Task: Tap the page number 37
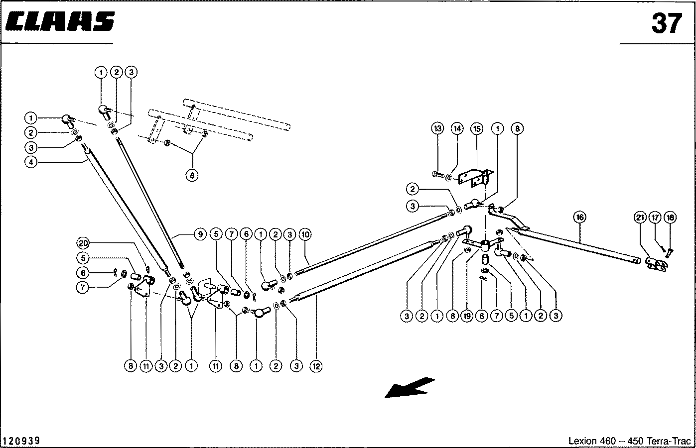(x=666, y=23)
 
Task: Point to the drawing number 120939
(x=22, y=441)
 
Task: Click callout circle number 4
(x=31, y=163)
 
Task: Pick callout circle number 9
(x=199, y=234)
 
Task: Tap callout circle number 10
(x=305, y=234)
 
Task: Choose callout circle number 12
(x=316, y=366)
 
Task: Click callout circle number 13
(x=437, y=129)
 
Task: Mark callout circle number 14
(x=456, y=129)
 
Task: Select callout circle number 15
(x=476, y=129)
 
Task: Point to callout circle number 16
(x=579, y=217)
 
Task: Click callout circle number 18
(x=671, y=217)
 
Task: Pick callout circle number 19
(x=467, y=316)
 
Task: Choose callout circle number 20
(x=83, y=243)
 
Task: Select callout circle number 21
(x=640, y=217)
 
